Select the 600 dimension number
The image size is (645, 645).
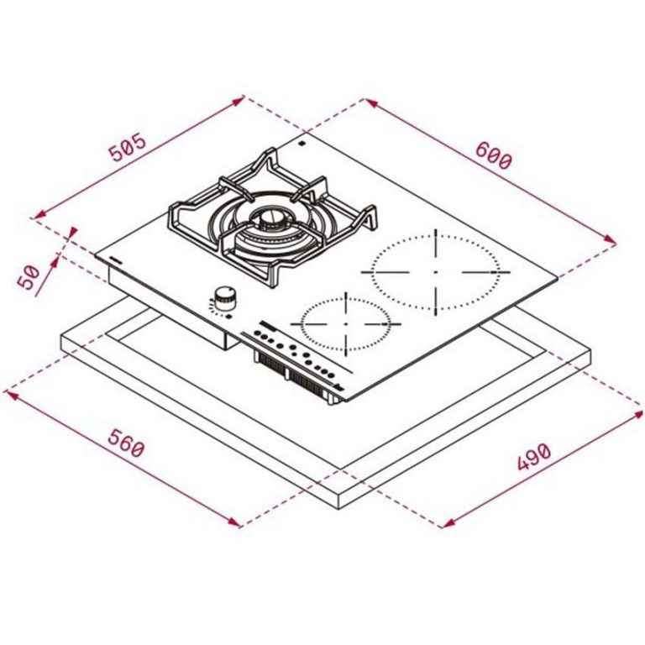tap(493, 155)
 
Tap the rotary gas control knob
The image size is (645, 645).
tap(225, 296)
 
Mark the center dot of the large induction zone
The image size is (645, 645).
tap(436, 272)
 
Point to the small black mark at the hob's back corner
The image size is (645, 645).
tap(301, 146)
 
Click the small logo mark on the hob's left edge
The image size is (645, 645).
tap(116, 262)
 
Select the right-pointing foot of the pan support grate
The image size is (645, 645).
tap(370, 222)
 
